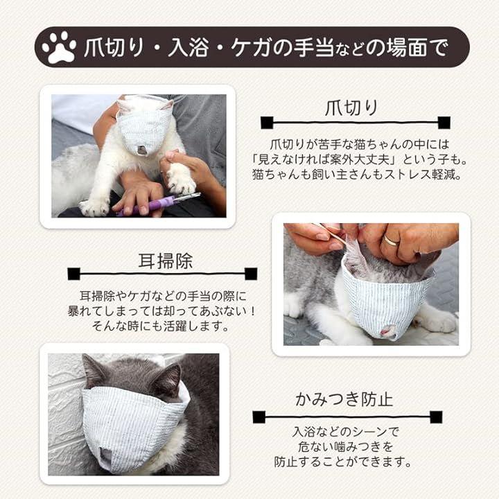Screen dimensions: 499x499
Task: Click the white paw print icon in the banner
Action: point(59,47)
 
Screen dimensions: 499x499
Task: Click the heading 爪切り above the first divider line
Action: point(351,108)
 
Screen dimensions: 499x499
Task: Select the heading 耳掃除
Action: point(166,261)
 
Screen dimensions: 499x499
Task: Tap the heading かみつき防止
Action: point(344,399)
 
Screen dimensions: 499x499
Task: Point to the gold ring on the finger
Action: point(391,240)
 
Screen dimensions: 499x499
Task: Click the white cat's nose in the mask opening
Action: point(141,150)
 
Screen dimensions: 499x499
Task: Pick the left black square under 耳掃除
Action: point(74,274)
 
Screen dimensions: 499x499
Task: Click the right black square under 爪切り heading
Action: point(444,123)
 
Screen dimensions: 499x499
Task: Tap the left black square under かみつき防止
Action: point(259,417)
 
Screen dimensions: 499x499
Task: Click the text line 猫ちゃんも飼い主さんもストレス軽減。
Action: point(357,175)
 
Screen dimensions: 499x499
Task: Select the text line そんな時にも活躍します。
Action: point(161,326)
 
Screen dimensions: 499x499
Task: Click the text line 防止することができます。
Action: point(343,462)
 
